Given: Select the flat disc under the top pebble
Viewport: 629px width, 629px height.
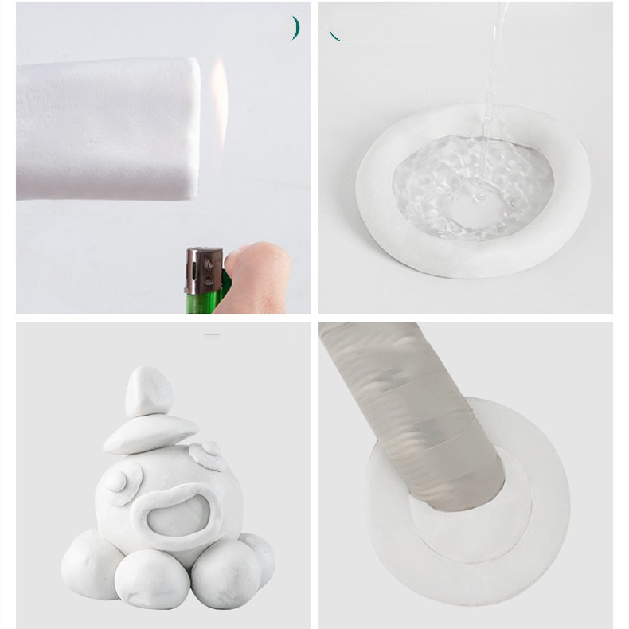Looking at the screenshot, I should (149, 435).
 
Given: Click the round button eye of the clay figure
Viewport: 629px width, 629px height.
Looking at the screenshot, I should (118, 481).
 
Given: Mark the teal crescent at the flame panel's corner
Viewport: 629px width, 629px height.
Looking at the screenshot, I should (295, 28).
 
